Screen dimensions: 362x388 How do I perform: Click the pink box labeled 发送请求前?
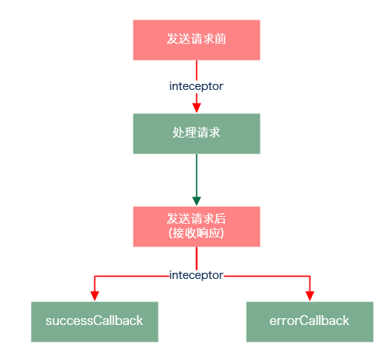tap(196, 40)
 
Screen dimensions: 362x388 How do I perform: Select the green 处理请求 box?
tap(196, 133)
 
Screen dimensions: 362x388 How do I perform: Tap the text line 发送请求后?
tap(196, 219)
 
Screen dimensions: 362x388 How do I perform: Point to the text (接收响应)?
tap(196, 233)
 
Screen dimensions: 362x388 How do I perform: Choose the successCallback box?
tap(94, 321)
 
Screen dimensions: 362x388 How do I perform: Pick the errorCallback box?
tap(309, 321)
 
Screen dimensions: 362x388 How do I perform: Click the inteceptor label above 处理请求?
tap(196, 86)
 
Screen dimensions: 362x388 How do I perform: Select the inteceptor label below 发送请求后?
tap(196, 275)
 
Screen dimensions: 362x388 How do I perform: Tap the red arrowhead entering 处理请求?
tap(196, 107)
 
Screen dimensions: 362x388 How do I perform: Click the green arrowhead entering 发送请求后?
tap(196, 200)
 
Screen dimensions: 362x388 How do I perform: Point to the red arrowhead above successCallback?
tap(94, 295)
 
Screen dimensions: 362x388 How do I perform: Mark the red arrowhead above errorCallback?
tap(309, 295)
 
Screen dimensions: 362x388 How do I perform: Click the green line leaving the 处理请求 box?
tap(196, 174)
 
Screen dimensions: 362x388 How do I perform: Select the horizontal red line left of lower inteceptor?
tap(132, 276)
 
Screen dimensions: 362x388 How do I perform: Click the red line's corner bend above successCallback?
tap(94, 276)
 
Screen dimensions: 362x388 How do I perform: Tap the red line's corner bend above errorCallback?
tap(309, 276)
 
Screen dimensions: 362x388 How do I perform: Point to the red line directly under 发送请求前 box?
tap(196, 70)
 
